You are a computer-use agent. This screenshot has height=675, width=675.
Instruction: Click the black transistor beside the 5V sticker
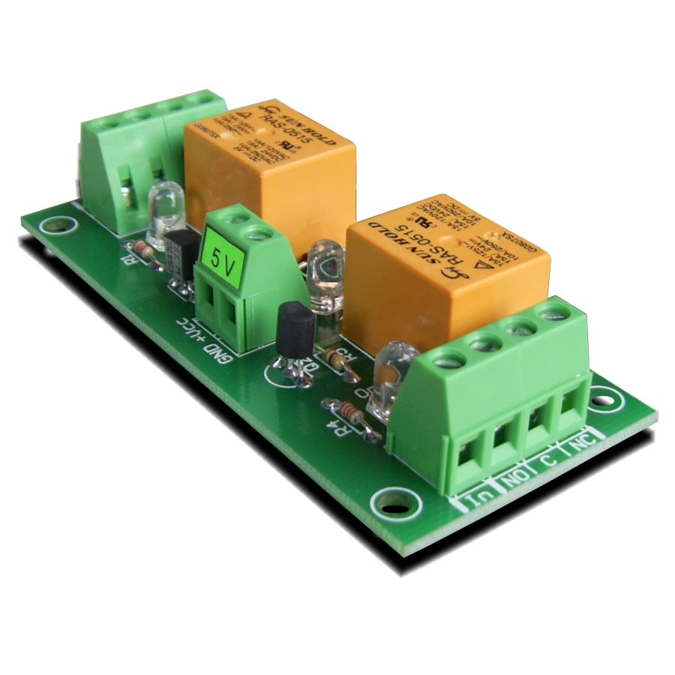click(x=181, y=252)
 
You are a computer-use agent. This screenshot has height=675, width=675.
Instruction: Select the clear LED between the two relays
click(x=324, y=271)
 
